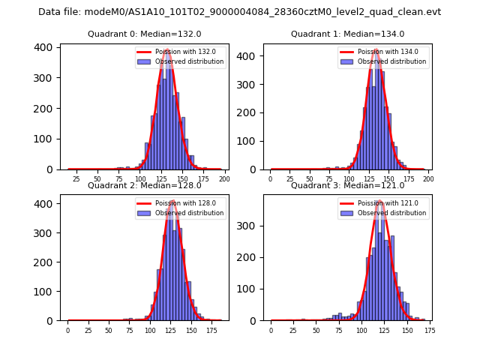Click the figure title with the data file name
(x=239, y=12)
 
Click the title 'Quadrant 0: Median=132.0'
(x=144, y=34)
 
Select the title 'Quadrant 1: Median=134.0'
(x=347, y=34)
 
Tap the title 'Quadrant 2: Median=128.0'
(x=144, y=185)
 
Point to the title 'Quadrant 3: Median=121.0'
(x=347, y=185)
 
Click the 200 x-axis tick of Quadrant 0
(x=223, y=179)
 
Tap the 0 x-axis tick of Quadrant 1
(x=271, y=179)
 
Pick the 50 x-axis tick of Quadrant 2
(x=109, y=330)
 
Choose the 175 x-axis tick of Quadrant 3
(x=429, y=330)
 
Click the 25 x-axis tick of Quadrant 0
(x=76, y=179)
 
